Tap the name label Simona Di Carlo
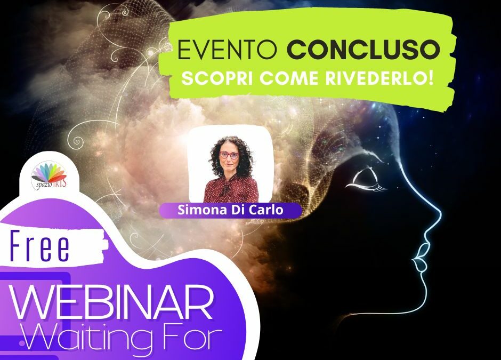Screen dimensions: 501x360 coord(230,210)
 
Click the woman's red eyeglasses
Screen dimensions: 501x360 coord(229,155)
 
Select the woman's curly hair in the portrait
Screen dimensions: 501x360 coord(228,150)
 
